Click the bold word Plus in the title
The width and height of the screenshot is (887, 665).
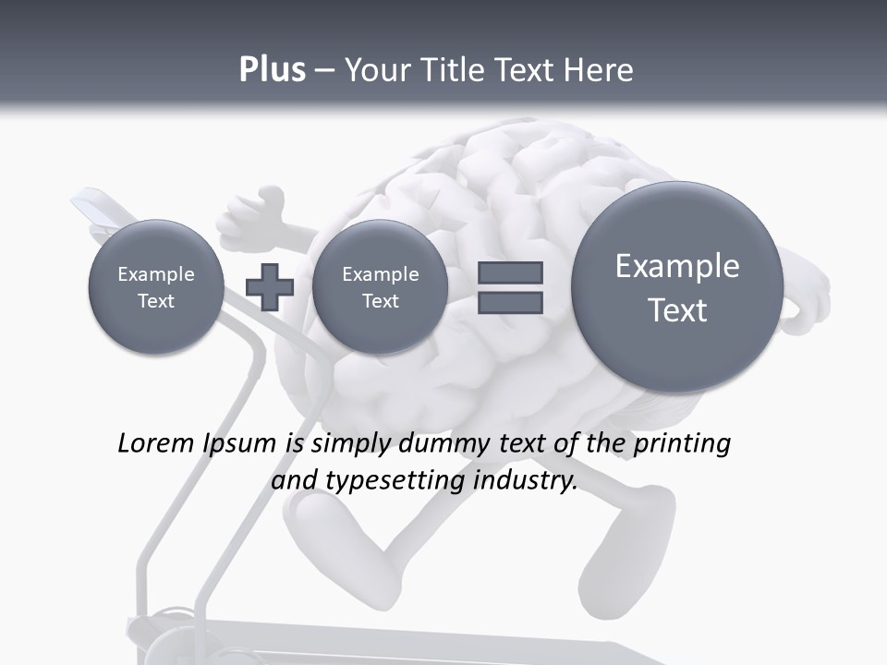point(272,70)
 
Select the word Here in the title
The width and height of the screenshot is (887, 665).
point(600,70)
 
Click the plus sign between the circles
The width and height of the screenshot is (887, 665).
point(270,286)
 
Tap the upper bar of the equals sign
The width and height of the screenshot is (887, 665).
point(510,272)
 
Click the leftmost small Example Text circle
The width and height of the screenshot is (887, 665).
point(156,286)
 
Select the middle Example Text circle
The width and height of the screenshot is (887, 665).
point(380,286)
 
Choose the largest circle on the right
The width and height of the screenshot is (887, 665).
point(677,286)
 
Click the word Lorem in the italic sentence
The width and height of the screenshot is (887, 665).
point(156,443)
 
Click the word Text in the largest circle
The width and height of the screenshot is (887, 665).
point(677,310)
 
